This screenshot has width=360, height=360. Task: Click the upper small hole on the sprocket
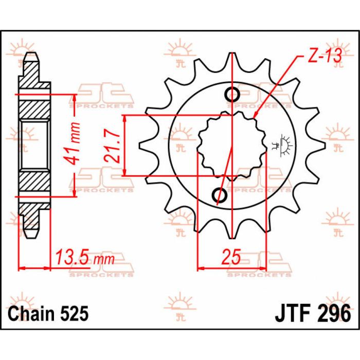tap(232, 95)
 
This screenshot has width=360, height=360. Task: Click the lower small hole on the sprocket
tap(219, 195)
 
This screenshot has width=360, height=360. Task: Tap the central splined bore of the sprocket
tap(231, 145)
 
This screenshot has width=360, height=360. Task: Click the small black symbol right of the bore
tap(282, 145)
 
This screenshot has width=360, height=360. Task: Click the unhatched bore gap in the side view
tap(34, 146)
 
